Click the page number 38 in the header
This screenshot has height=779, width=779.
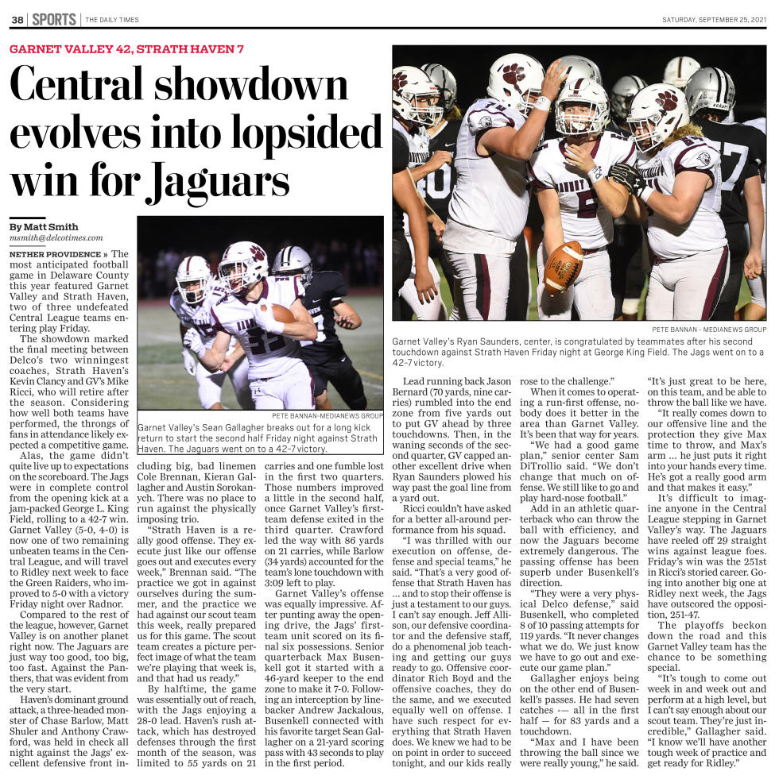pos(17,19)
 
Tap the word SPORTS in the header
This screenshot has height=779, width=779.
pos(54,19)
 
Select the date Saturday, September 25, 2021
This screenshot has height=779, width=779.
pos(714,20)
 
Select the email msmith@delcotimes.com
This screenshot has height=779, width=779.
pos(56,237)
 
